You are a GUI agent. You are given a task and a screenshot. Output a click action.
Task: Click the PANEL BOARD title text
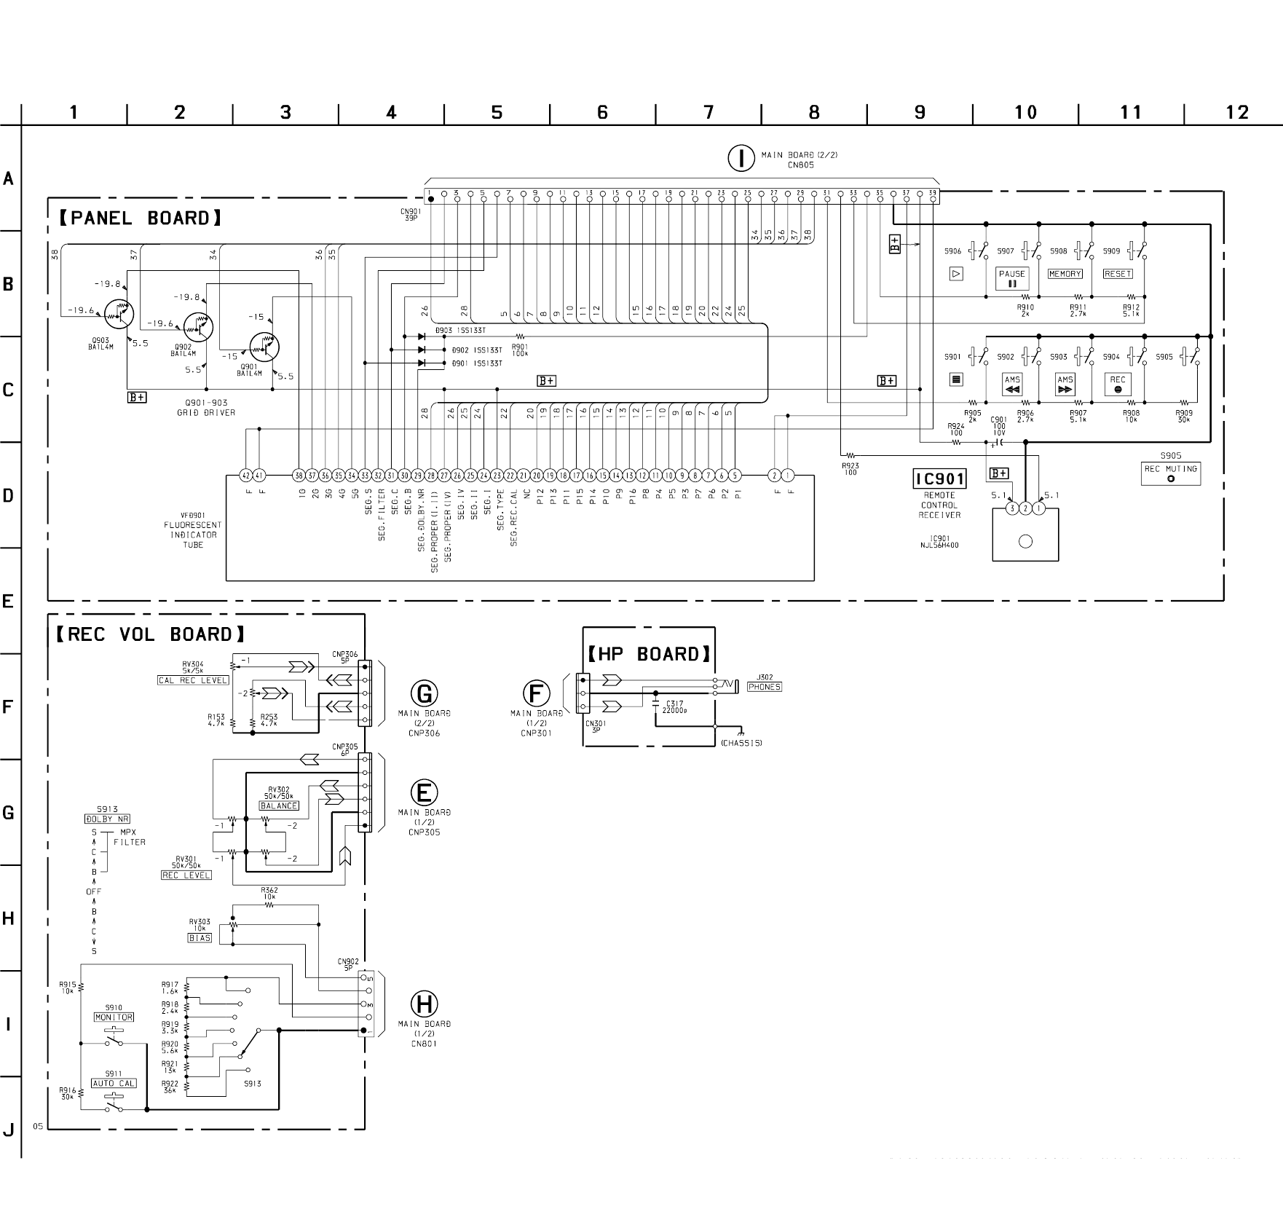pos(141,218)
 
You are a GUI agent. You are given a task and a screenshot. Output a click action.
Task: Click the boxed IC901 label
pos(939,478)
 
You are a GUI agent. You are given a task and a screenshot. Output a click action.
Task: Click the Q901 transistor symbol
pos(264,347)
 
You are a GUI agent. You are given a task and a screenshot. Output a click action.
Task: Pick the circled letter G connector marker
pos(424,693)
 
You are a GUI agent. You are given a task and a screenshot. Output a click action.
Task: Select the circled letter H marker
pos(424,1004)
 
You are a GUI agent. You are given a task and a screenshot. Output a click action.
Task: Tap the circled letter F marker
pos(537,693)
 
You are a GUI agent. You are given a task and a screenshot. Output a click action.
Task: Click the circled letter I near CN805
pos(741,158)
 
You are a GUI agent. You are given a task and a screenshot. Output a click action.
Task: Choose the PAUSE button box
pos(1012,278)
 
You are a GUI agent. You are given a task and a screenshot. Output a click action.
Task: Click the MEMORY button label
pos(1065,274)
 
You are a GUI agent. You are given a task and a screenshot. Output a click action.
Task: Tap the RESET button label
pos(1117,274)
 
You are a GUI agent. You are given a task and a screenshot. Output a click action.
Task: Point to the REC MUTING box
pos(1170,473)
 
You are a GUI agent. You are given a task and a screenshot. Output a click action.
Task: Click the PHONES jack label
pos(764,687)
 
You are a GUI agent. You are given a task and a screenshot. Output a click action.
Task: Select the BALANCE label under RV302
pos(279,805)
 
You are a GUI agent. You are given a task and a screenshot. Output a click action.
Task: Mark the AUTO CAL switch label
pos(114,1083)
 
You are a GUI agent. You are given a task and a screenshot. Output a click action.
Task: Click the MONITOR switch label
pos(114,1017)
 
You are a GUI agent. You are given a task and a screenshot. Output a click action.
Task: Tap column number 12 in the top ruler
pos(1236,112)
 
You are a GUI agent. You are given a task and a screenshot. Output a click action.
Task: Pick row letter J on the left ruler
pos(9,1130)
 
